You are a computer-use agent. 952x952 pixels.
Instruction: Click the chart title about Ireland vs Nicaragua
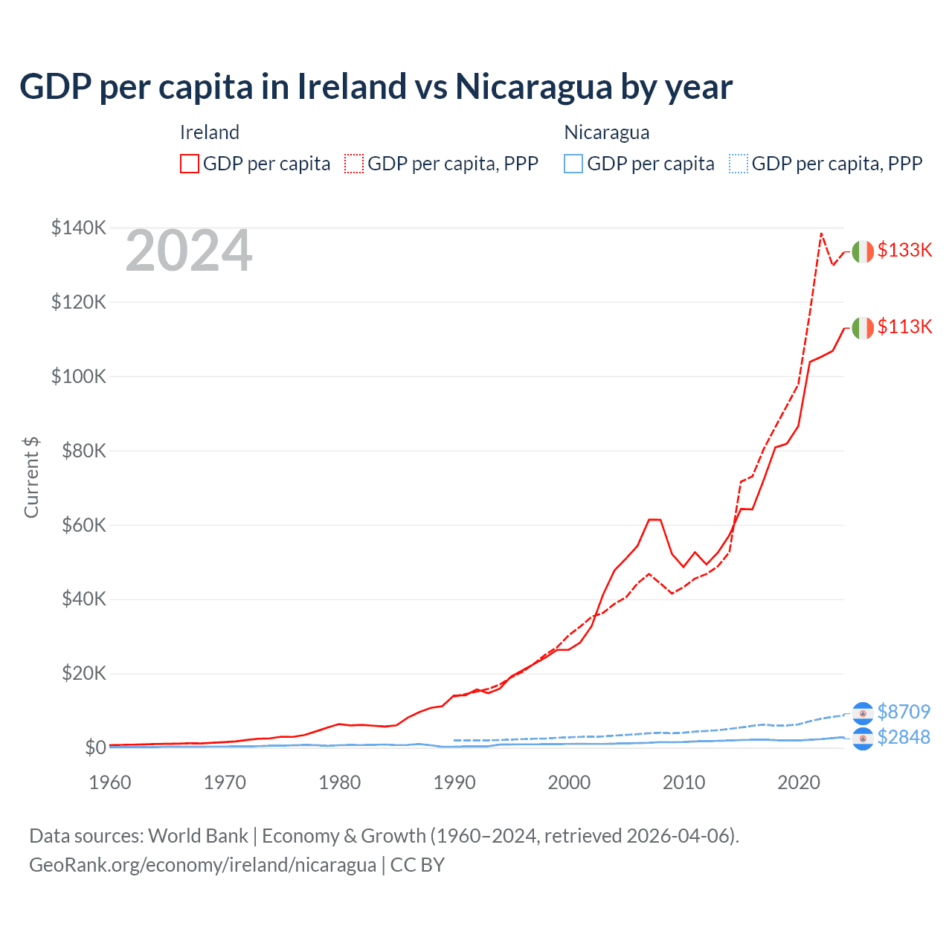[376, 87]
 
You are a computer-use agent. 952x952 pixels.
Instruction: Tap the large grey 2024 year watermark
[189, 251]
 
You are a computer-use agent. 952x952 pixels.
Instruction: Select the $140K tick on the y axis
[79, 228]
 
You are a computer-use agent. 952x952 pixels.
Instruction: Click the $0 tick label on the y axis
[94, 747]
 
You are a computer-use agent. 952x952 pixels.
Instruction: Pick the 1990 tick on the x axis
[454, 782]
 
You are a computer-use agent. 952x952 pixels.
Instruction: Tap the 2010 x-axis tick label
[684, 782]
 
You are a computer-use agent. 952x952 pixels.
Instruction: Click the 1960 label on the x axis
[110, 782]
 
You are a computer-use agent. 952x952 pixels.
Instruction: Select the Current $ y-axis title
[31, 477]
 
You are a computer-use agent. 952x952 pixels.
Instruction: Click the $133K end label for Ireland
[904, 250]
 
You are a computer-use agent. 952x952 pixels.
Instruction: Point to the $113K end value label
[904, 327]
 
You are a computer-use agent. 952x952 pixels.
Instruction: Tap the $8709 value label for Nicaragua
[904, 712]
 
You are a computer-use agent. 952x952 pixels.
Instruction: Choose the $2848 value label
[904, 737]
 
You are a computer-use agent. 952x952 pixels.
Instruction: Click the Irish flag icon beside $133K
[863, 252]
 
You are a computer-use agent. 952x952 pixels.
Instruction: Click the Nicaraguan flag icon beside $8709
[863, 713]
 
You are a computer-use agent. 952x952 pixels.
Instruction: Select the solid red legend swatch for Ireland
[190, 164]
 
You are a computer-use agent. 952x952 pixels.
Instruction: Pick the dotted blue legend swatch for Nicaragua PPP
[739, 164]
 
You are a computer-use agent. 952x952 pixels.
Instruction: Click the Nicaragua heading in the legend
[607, 132]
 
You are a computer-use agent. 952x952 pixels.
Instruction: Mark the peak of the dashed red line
[821, 234]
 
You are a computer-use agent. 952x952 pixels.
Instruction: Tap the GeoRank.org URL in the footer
[202, 865]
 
